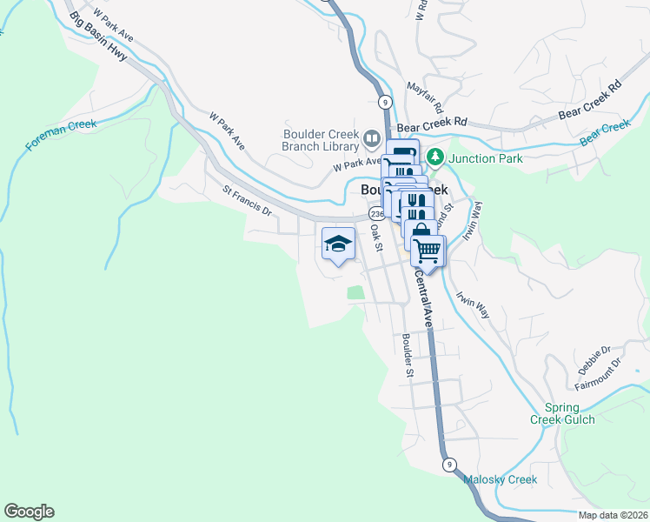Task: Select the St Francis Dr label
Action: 248,201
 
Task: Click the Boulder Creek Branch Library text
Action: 321,139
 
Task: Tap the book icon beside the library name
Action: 373,138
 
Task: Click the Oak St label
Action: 376,237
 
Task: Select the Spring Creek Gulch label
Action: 569,413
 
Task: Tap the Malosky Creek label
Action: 500,479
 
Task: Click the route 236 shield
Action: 376,214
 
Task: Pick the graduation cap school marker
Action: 338,244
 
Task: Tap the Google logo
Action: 29,512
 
